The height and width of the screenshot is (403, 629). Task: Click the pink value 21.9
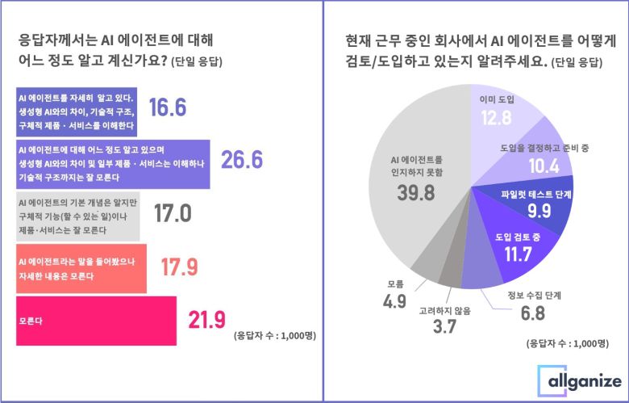click(206, 319)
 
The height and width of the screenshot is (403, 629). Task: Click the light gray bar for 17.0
click(77, 216)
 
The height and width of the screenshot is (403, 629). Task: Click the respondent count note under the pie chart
click(565, 342)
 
